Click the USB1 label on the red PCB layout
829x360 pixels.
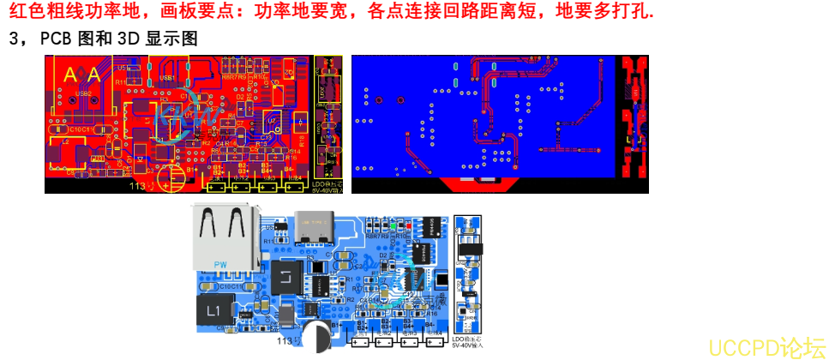point(167,77)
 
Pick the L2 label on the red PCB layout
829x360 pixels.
point(65,141)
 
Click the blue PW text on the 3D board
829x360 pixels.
point(220,265)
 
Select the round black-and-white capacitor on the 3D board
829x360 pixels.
point(315,337)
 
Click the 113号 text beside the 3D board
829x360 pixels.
point(287,341)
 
